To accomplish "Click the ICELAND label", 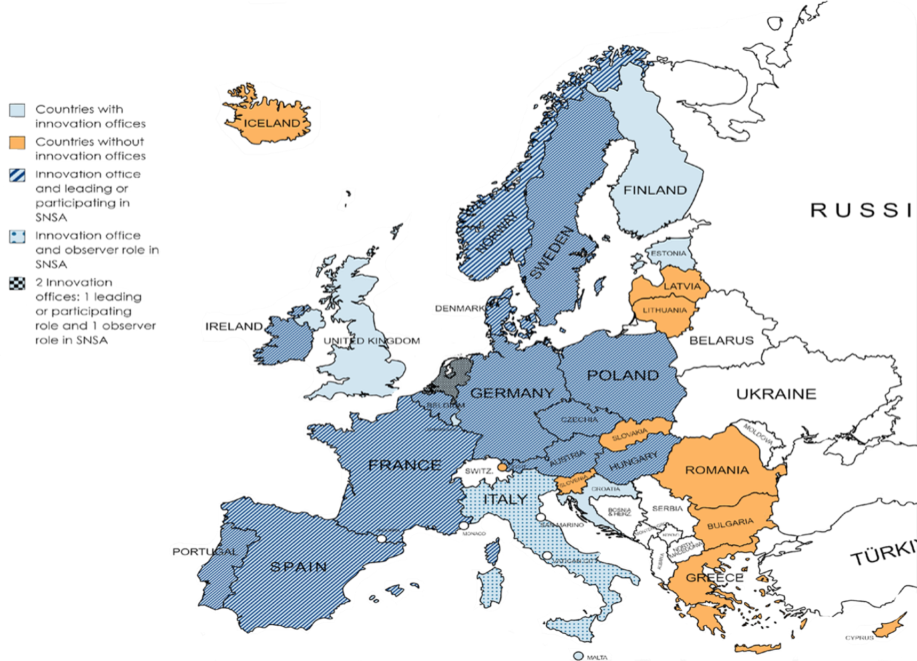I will [x=272, y=123].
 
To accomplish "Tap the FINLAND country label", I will [x=655, y=190].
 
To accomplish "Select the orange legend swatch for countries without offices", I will [x=17, y=142].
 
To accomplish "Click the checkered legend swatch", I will [x=17, y=283].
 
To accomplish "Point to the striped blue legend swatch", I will [x=17, y=176].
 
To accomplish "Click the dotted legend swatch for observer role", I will [x=17, y=237].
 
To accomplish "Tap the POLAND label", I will [x=623, y=375].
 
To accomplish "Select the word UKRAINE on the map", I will [x=776, y=394].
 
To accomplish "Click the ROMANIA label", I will [x=716, y=470].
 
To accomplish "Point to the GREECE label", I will [x=714, y=577].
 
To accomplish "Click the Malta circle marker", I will [x=578, y=656].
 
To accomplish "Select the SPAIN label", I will [x=298, y=567].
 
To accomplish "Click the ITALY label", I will [x=505, y=499].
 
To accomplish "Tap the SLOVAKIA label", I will [x=629, y=434].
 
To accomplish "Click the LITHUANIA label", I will [x=664, y=310].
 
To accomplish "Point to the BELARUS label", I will [x=721, y=340].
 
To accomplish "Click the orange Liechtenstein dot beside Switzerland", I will [x=502, y=467].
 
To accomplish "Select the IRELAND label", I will [x=234, y=326].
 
